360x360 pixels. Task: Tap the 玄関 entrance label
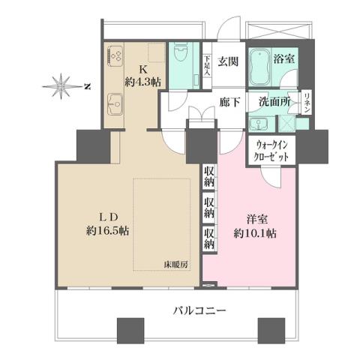pos(229,61)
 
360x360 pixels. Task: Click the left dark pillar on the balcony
pos(130,329)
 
